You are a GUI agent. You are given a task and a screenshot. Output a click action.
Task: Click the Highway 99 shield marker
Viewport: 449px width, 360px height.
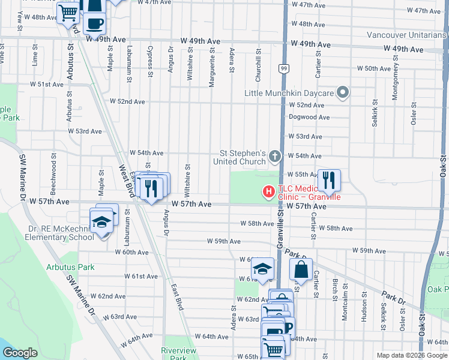click(x=282, y=70)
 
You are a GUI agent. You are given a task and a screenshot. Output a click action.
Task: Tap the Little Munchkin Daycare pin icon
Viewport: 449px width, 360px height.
click(x=343, y=93)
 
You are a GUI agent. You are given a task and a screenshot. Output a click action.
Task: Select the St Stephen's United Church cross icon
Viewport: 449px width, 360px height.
click(x=274, y=157)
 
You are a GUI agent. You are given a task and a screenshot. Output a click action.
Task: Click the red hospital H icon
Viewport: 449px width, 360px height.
click(x=268, y=192)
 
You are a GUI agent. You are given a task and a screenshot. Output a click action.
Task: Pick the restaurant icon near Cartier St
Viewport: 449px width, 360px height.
click(x=329, y=179)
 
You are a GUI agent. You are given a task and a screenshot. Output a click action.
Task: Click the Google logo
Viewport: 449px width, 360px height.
click(x=20, y=353)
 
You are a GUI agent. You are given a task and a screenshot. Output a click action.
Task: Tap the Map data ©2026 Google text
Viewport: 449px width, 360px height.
click(x=412, y=355)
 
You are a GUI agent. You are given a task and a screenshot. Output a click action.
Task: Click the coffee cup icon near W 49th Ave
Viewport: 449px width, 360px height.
click(x=94, y=23)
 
